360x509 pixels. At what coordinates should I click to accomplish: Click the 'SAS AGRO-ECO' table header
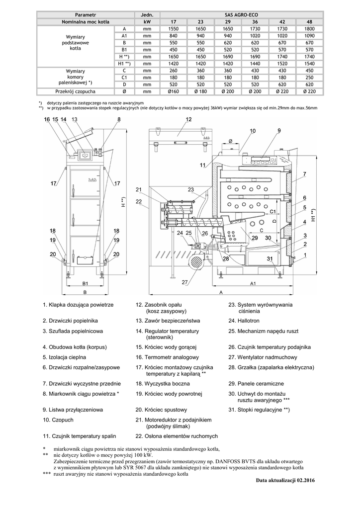point(241,15)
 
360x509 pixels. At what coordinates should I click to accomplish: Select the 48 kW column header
point(309,22)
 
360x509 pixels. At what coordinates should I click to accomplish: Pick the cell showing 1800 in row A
point(309,29)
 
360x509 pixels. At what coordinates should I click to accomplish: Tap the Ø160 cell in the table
point(174,91)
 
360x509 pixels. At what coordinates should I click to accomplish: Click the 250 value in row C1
point(309,78)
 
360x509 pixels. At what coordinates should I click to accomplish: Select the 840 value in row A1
point(174,36)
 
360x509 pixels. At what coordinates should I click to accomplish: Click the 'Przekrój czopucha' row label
point(76,91)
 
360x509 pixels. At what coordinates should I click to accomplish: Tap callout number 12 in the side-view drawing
point(189,119)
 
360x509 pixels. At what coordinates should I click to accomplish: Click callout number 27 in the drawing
point(185,282)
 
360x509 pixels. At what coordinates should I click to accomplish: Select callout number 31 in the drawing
point(270,258)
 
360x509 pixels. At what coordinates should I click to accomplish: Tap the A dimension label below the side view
point(221,293)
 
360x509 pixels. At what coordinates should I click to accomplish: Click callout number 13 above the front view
point(74,119)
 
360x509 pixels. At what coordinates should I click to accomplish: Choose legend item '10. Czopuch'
point(58,420)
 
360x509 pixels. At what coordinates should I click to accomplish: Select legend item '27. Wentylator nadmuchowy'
point(263,357)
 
